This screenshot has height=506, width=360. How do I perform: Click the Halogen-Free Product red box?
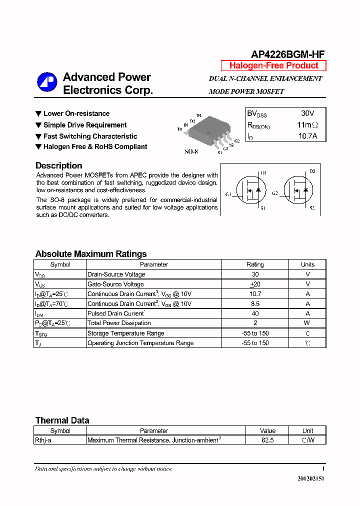(x=273, y=65)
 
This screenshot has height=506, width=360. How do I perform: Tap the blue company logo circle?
(x=47, y=82)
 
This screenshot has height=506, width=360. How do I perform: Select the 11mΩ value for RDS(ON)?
(x=307, y=124)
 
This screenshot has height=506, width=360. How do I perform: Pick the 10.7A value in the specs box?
(x=307, y=136)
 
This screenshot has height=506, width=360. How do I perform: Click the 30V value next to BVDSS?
(x=307, y=113)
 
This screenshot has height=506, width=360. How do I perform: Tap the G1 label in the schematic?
(x=228, y=194)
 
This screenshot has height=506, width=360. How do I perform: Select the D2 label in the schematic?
(x=312, y=171)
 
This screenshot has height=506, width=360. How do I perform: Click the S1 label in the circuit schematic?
(x=263, y=207)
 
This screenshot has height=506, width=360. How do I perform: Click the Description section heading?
(x=58, y=165)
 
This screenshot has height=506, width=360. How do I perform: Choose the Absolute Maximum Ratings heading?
(x=91, y=254)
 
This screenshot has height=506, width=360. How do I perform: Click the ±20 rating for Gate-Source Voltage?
(x=255, y=284)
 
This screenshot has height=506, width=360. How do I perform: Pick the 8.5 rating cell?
(x=255, y=303)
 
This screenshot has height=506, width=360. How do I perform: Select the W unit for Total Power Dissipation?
(x=307, y=323)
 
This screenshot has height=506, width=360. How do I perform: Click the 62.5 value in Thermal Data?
(x=267, y=440)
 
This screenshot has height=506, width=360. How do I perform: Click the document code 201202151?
(x=310, y=478)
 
